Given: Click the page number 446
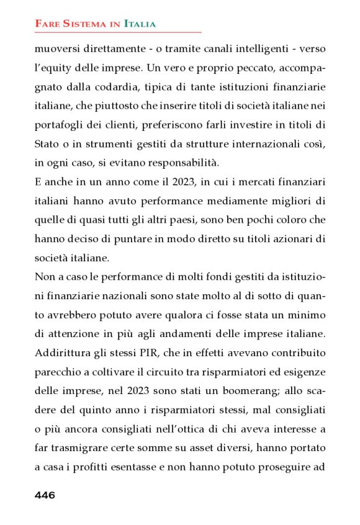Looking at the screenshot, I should [x=45, y=495].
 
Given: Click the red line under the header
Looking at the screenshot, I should [x=118, y=32].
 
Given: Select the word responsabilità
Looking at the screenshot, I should [x=187, y=163].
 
